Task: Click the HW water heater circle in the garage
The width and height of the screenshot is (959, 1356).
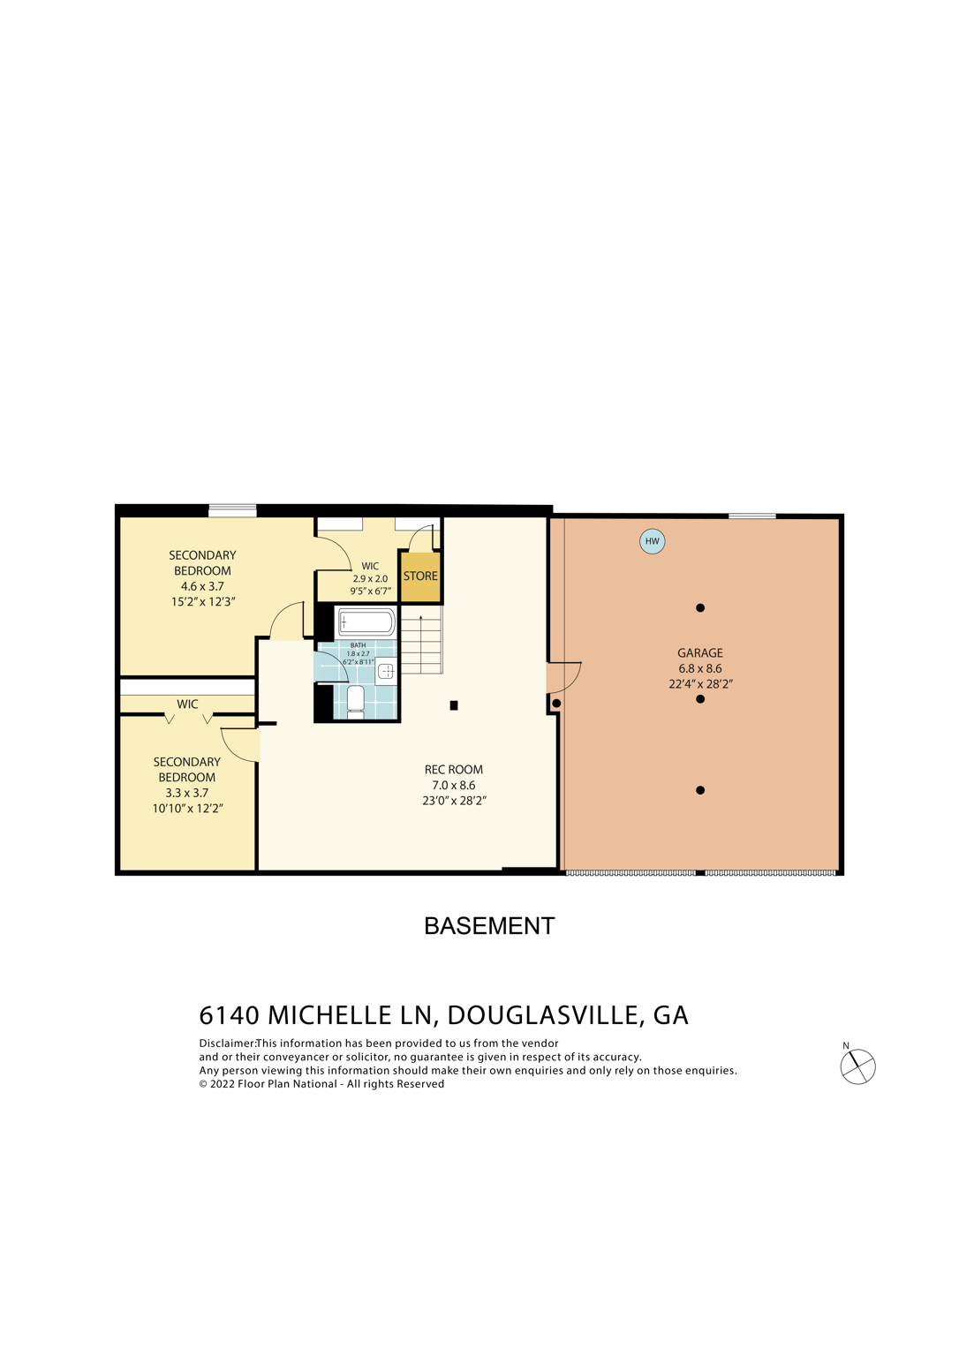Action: (x=652, y=541)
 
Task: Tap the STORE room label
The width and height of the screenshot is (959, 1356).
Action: (x=420, y=576)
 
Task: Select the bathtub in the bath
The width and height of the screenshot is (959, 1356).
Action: (x=366, y=621)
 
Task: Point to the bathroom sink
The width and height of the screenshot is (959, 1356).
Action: (x=386, y=672)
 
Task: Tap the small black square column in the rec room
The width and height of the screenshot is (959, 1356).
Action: (x=454, y=705)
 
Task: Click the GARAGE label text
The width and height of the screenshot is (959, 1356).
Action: (x=700, y=653)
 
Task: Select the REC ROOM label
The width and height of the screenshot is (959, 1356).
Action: (x=454, y=770)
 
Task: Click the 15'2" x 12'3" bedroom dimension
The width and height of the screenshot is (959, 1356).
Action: (x=203, y=602)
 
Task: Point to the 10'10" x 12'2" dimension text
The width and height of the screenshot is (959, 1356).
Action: (x=187, y=809)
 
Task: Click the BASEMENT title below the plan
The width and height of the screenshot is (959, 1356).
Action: (x=489, y=926)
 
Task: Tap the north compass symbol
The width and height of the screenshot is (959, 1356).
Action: (x=857, y=1066)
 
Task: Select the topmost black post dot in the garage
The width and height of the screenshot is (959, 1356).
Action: (x=700, y=608)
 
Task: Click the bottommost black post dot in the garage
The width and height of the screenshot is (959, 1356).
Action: (x=700, y=790)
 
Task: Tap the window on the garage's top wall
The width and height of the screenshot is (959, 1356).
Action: (x=752, y=516)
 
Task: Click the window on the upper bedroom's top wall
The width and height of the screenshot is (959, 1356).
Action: (x=232, y=510)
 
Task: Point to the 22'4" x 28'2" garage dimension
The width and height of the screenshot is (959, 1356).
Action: (x=700, y=684)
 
